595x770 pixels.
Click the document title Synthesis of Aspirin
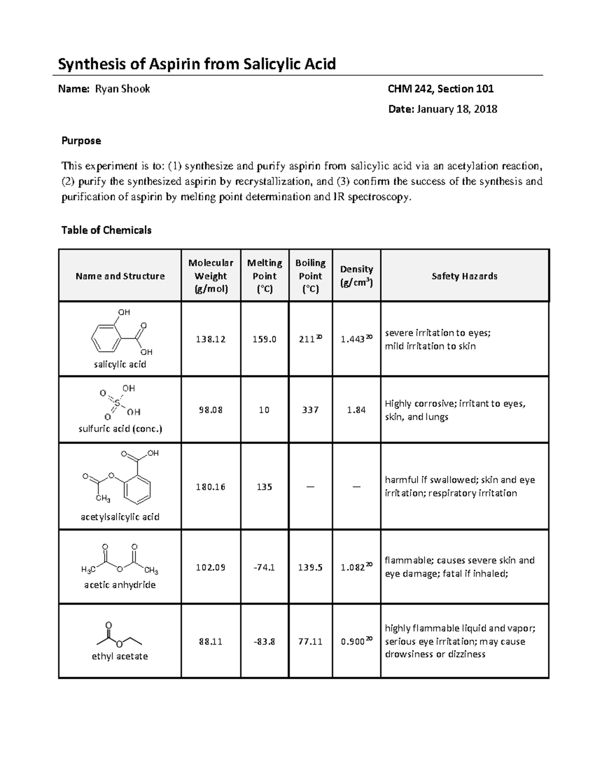[197, 64]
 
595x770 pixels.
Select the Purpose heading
[81, 141]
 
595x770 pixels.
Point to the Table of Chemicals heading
[106, 230]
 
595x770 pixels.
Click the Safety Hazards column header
[464, 276]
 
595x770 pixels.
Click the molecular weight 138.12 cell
[211, 339]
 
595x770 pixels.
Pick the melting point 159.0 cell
[264, 339]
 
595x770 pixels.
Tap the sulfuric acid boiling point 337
[310, 410]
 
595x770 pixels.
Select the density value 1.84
[357, 410]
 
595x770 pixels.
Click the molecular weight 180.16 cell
[211, 487]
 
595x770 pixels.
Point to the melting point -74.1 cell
[264, 567]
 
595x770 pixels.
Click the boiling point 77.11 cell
[310, 642]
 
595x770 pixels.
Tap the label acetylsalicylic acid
[120, 517]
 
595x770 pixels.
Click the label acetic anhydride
[120, 585]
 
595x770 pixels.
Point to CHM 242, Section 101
[440, 89]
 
